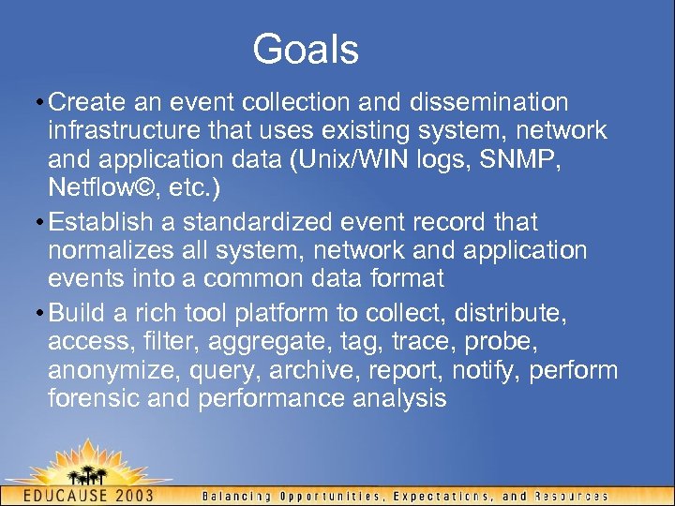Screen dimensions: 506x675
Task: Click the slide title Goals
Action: click(x=306, y=49)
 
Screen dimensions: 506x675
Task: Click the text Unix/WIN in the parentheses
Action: click(x=334, y=159)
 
